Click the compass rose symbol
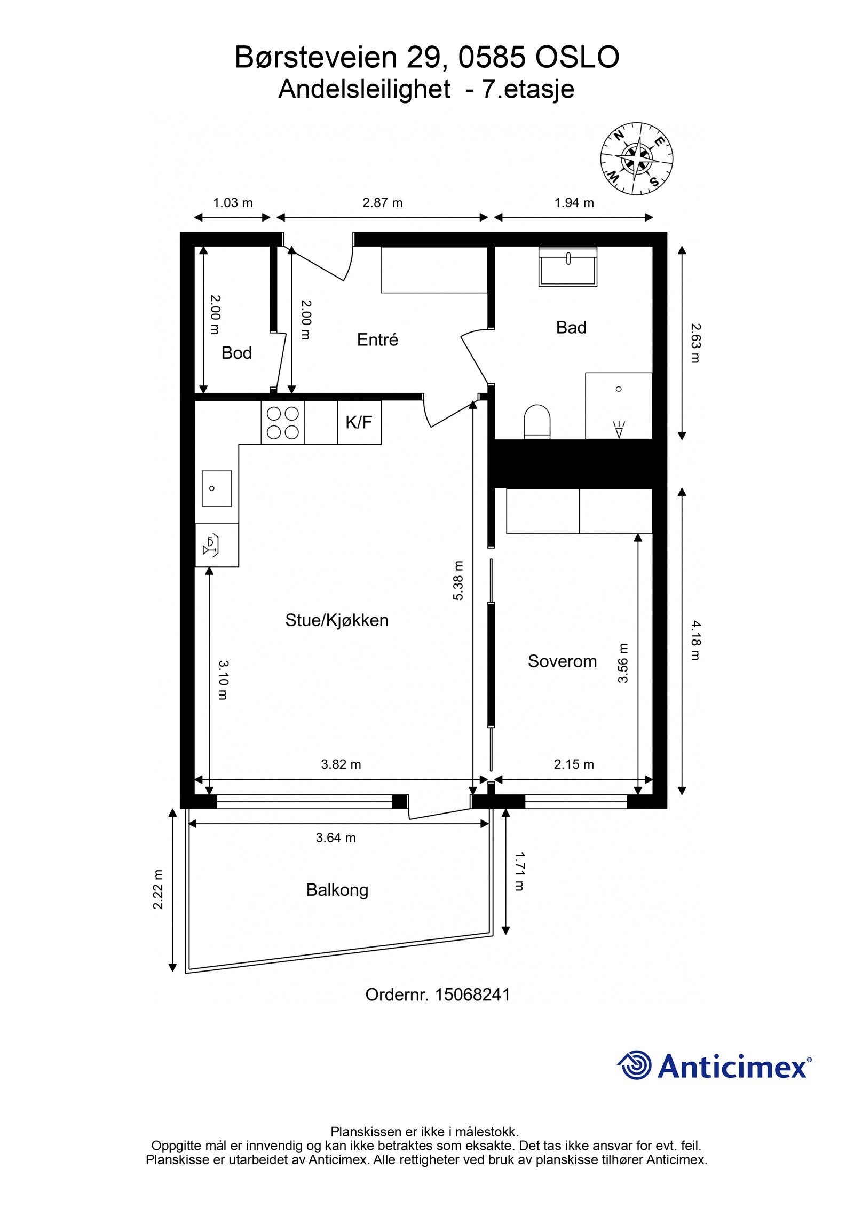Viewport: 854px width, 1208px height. (x=636, y=159)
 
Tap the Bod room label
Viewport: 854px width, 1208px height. (x=236, y=353)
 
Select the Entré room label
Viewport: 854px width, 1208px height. (x=377, y=339)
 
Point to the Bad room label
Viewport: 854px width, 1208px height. (x=571, y=327)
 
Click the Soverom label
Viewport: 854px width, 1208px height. (x=562, y=661)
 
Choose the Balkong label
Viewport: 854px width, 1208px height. (x=337, y=890)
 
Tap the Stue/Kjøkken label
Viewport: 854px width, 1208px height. (x=337, y=620)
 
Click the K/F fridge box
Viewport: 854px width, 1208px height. (x=359, y=423)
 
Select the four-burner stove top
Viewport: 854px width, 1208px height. (x=283, y=423)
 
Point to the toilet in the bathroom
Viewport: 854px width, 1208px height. (x=537, y=422)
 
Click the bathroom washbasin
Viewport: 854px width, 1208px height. (x=568, y=267)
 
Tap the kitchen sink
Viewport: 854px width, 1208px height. (x=217, y=488)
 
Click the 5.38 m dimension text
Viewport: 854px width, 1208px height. (x=458, y=580)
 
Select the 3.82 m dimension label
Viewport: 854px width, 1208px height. (x=341, y=764)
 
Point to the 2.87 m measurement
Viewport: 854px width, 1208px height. (x=383, y=203)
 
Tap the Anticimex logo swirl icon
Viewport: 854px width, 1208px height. (x=635, y=1065)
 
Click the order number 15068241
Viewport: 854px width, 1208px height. (x=472, y=994)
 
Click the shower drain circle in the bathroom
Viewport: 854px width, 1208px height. (x=619, y=389)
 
